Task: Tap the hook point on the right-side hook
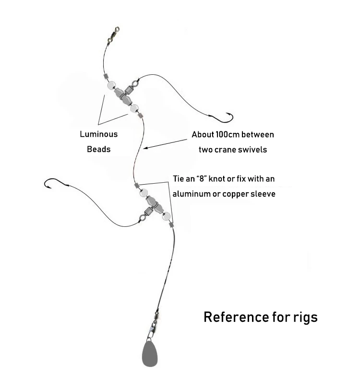(x=233, y=114)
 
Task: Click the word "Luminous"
(x=98, y=134)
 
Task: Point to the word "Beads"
(x=98, y=149)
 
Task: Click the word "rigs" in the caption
(x=302, y=317)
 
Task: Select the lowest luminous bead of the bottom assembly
(x=166, y=216)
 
